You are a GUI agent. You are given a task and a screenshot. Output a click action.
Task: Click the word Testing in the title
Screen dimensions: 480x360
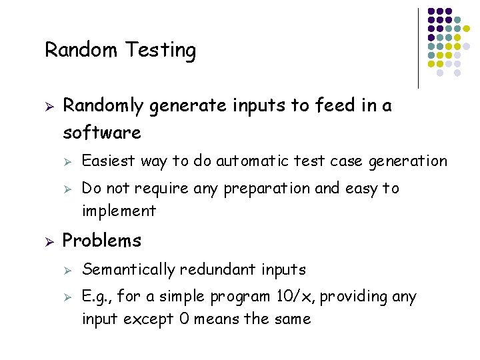(161, 50)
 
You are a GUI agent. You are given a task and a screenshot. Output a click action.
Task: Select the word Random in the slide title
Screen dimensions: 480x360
(81, 49)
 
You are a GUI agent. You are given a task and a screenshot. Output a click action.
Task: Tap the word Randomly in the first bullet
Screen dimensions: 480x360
(103, 106)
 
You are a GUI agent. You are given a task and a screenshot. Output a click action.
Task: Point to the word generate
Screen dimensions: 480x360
(188, 107)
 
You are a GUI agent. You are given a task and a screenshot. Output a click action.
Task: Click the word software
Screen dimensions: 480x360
(102, 132)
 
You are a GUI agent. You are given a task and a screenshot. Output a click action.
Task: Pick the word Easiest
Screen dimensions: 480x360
(109, 161)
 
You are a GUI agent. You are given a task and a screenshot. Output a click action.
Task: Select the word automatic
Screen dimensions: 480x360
(252, 161)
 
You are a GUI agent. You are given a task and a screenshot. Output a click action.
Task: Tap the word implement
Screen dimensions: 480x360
(119, 211)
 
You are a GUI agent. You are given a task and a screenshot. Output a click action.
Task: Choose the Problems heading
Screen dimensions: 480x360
(101, 240)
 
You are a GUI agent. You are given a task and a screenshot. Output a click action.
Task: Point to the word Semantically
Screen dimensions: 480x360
(129, 270)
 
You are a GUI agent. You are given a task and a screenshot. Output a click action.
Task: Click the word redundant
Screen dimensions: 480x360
(217, 269)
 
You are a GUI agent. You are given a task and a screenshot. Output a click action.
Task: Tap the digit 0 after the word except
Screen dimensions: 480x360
(184, 319)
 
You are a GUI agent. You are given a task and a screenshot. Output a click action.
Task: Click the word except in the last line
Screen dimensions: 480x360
(149, 319)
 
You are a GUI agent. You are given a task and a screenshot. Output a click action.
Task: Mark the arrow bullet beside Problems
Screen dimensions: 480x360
(49, 242)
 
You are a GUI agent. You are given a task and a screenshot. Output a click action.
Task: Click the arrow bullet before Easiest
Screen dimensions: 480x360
(67, 162)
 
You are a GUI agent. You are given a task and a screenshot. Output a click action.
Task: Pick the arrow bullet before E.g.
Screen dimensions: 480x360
(67, 297)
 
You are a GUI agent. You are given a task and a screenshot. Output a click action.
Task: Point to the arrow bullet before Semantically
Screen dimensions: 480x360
(67, 271)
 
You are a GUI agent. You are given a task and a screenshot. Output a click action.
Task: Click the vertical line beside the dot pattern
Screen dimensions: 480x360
(418, 49)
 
